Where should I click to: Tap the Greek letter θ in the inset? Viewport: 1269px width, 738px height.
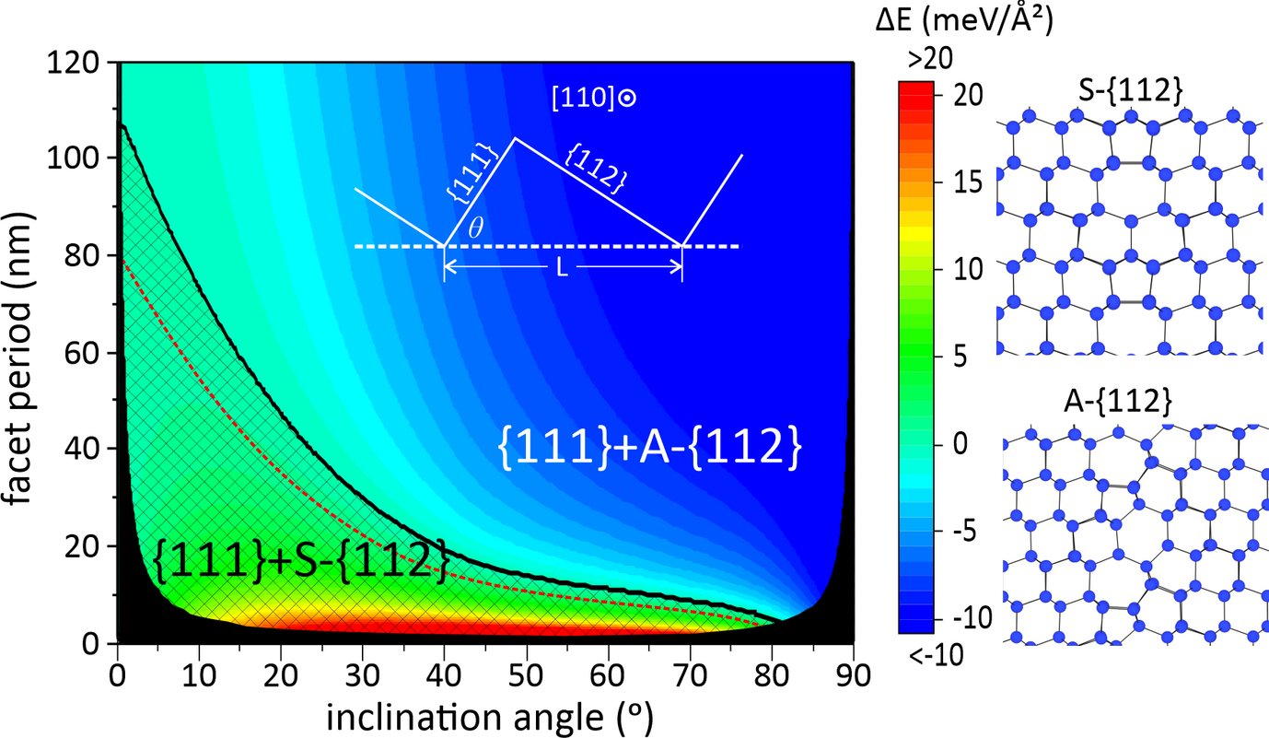(x=475, y=228)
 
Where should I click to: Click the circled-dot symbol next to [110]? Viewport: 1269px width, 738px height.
(x=627, y=99)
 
